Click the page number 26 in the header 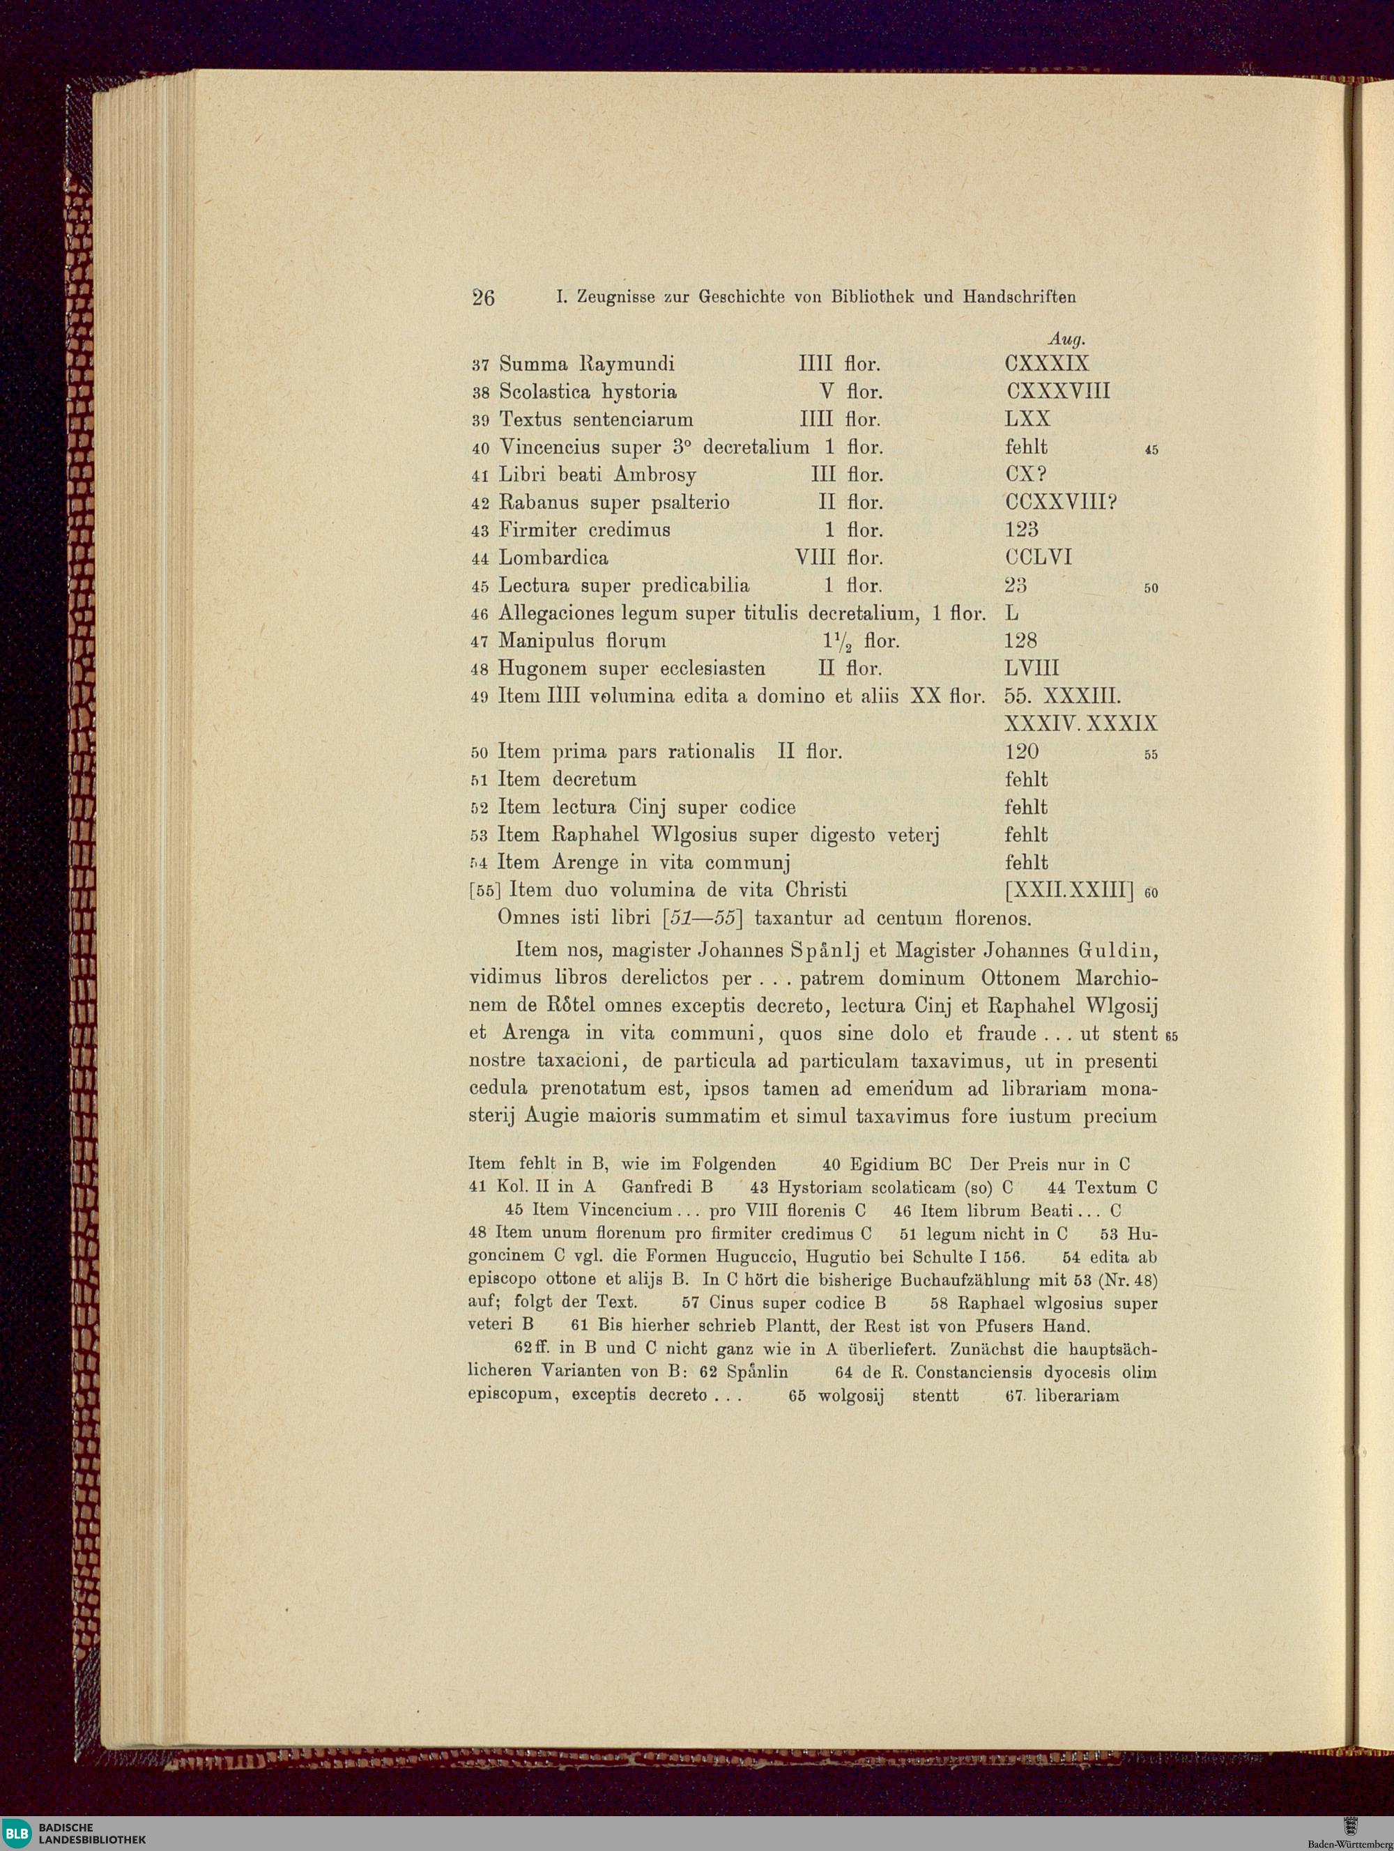click(483, 297)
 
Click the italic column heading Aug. click(1066, 339)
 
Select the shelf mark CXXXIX click(1047, 364)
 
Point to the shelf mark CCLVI click(1038, 558)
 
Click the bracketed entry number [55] click(486, 891)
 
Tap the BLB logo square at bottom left click(15, 1833)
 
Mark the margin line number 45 click(1151, 450)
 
